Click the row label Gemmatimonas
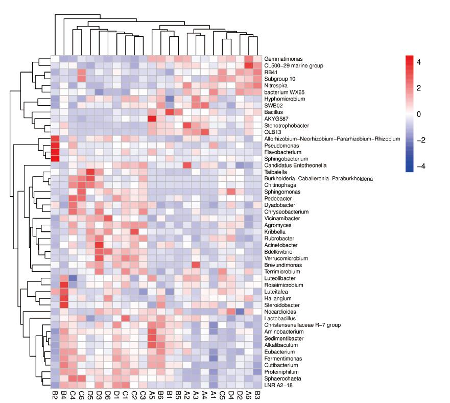click(280, 59)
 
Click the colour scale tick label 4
click(419, 62)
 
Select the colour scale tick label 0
click(419, 114)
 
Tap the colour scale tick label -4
click(417, 167)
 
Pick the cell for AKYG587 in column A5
click(152, 119)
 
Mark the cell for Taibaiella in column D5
click(90, 172)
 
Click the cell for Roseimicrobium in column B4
click(64, 285)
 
